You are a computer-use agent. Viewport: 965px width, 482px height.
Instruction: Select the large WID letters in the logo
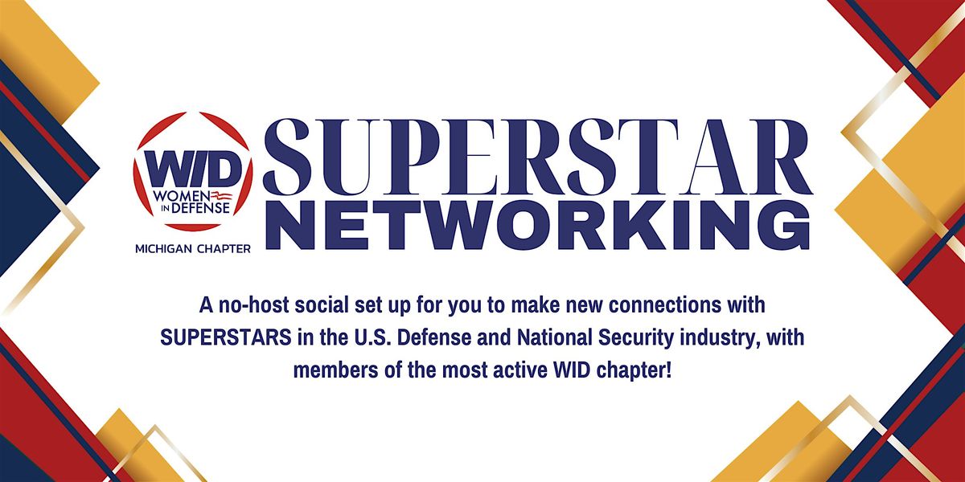point(192,170)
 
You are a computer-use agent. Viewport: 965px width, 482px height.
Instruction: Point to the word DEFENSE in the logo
point(201,209)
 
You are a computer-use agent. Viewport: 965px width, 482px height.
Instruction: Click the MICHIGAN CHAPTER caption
point(192,249)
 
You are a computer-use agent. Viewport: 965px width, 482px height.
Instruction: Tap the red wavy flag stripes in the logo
point(221,196)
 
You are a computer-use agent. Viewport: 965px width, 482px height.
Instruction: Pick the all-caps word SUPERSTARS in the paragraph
point(226,338)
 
